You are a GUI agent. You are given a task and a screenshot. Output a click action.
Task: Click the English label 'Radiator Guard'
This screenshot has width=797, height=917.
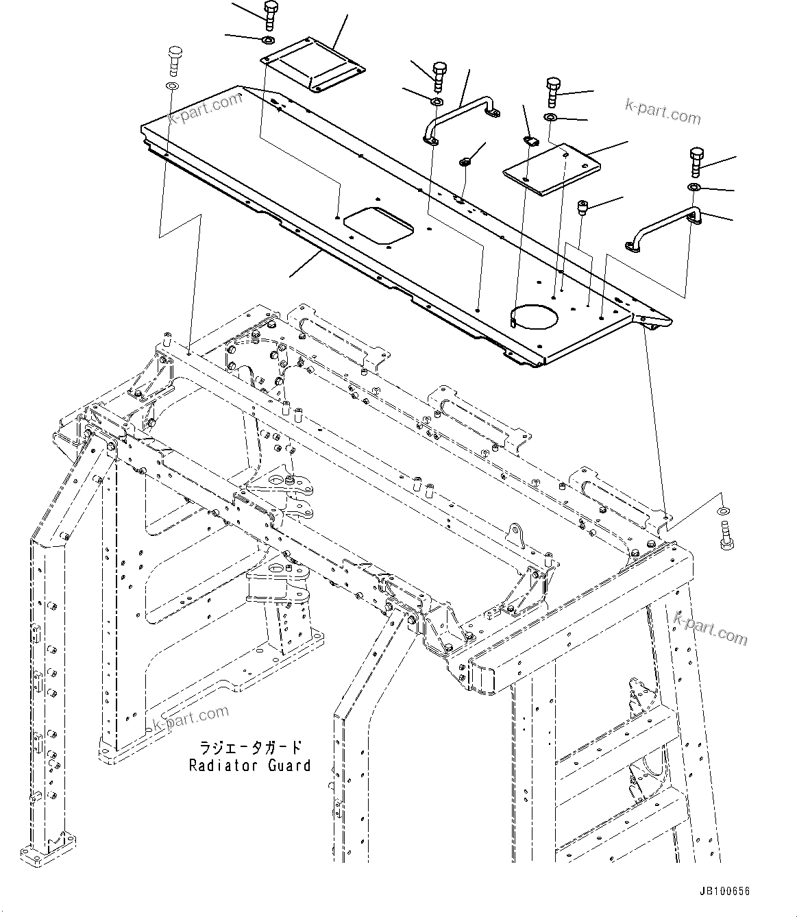click(249, 766)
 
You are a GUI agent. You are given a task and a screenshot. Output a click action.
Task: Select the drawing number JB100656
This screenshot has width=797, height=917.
click(725, 892)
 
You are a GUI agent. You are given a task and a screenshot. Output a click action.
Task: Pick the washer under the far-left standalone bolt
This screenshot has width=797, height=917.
click(171, 86)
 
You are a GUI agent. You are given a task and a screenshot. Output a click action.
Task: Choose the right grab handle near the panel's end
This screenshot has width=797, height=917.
click(664, 229)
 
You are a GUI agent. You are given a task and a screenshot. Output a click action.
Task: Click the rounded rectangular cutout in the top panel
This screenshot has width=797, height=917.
click(378, 225)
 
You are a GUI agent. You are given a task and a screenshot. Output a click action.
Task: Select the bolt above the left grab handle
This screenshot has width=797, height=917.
click(439, 75)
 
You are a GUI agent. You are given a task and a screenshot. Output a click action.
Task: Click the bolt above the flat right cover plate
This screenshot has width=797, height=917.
click(553, 90)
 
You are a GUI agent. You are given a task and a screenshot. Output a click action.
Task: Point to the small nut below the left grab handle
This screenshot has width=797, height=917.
click(465, 162)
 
